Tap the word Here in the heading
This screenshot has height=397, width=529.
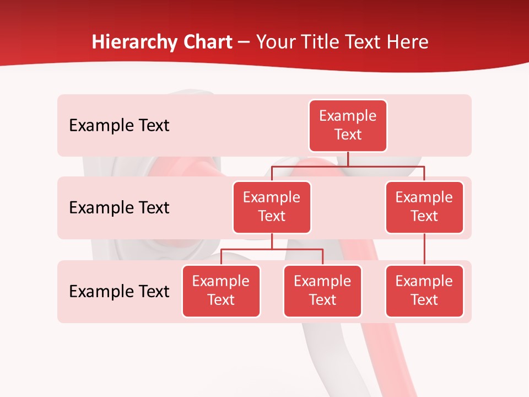(407, 42)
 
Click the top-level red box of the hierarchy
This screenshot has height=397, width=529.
(348, 126)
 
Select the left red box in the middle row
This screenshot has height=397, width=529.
(272, 207)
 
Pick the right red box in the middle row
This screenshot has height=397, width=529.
(424, 207)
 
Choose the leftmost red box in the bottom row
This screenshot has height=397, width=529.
(221, 291)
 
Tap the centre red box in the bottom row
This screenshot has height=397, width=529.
(322, 291)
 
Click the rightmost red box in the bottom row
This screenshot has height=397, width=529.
(424, 291)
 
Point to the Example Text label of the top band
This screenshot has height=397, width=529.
(119, 126)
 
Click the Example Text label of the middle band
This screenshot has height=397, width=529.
(119, 208)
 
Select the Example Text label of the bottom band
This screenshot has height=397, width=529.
(119, 291)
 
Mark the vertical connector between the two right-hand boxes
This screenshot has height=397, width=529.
(424, 249)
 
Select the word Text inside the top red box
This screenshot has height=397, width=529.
(348, 135)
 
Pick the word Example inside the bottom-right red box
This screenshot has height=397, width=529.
(424, 281)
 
